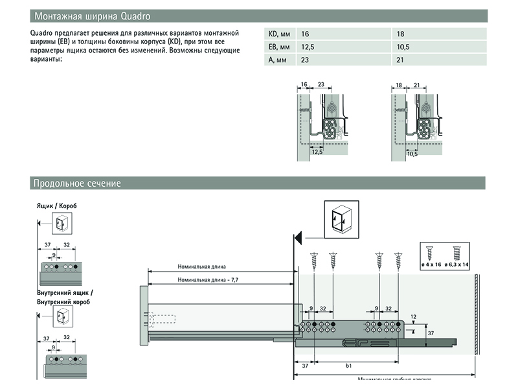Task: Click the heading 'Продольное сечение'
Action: [x=76, y=183]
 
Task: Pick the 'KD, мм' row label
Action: [x=279, y=34]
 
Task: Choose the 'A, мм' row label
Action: [x=277, y=60]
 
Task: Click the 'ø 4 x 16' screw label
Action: [x=429, y=265]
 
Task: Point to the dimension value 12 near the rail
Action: [x=413, y=316]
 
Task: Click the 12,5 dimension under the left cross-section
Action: [x=316, y=151]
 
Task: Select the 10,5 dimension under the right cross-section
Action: [x=412, y=154]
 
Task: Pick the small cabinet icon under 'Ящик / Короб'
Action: [x=61, y=224]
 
